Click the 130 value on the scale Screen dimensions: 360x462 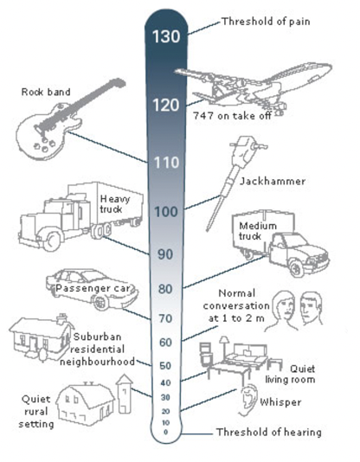(x=166, y=36)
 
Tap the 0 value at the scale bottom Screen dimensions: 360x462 (x=165, y=432)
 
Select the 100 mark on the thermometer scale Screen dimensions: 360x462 (x=166, y=212)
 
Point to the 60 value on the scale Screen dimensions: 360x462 (x=165, y=343)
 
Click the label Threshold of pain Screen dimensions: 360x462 (x=266, y=22)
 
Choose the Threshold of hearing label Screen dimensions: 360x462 (x=269, y=433)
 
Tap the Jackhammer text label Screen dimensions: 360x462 (x=273, y=181)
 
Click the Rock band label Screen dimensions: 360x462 (x=46, y=92)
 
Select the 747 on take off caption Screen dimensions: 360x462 (x=232, y=116)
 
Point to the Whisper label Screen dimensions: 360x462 (x=280, y=402)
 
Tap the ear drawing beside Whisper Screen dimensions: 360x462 (x=248, y=399)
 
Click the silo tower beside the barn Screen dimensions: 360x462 (x=125, y=394)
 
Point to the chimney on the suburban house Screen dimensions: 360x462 (x=61, y=318)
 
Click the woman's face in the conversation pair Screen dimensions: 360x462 (x=284, y=310)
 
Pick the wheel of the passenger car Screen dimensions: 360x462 (x=100, y=302)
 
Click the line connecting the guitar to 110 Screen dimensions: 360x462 (x=107, y=147)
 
